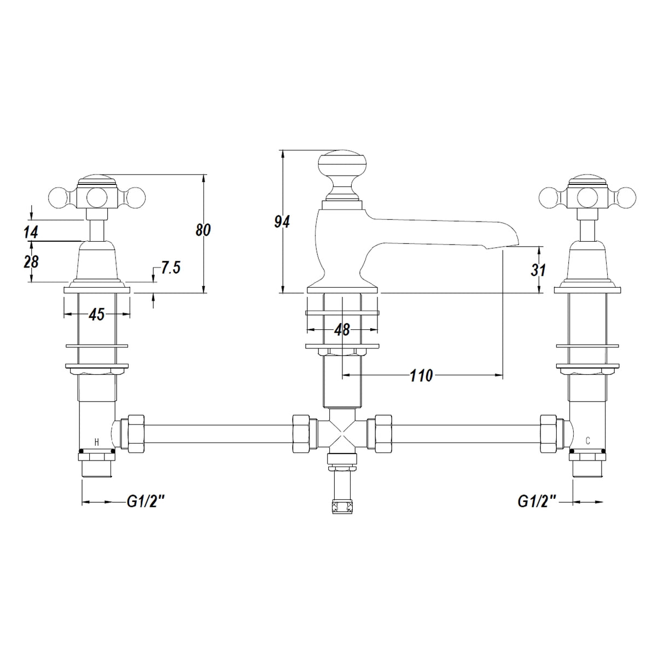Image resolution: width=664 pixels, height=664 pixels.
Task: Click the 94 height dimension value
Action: point(282,222)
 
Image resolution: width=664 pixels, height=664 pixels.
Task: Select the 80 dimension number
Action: point(203,230)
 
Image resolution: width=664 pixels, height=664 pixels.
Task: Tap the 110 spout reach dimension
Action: point(421,375)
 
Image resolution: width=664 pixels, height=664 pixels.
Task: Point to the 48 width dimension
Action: point(342,330)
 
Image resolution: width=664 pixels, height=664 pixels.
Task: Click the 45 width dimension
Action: point(97,314)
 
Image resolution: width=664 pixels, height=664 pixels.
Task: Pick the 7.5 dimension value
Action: point(171,268)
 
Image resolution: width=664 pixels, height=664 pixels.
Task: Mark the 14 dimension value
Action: point(31,232)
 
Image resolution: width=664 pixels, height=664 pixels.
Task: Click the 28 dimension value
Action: point(31,262)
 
